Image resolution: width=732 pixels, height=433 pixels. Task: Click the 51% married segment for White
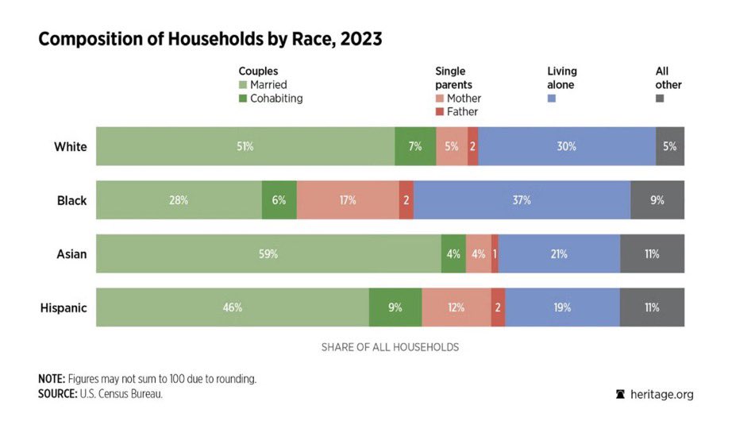point(245,146)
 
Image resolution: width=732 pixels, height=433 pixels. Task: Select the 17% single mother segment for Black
point(348,200)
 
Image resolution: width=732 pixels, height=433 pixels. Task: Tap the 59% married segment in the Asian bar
point(269,253)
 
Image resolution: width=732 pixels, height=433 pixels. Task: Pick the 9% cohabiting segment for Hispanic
point(395,307)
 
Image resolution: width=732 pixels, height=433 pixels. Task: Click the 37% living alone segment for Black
point(522,200)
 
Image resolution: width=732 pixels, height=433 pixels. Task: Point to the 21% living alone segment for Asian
point(559,253)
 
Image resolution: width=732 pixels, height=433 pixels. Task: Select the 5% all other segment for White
point(670,146)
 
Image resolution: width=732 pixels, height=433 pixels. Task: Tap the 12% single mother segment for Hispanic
point(457,307)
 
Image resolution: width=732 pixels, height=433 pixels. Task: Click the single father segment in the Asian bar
point(495,253)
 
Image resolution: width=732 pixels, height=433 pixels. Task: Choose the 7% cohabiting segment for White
point(415,146)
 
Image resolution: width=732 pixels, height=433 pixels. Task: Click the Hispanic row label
point(64,307)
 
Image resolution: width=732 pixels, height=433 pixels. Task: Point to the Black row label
point(72,200)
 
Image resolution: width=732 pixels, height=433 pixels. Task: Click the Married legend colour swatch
point(243,85)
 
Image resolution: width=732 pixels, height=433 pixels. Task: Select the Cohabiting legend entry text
point(276,99)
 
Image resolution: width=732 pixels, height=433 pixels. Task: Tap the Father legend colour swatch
point(439,112)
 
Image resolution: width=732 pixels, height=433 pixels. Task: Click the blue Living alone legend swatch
point(552,99)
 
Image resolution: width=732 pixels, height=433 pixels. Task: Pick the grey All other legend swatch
point(660,99)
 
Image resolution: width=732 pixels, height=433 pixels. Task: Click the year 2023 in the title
point(361,39)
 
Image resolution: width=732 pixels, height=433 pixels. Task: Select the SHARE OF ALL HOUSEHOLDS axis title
point(391,347)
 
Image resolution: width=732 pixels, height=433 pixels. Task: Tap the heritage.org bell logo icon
point(620,394)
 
